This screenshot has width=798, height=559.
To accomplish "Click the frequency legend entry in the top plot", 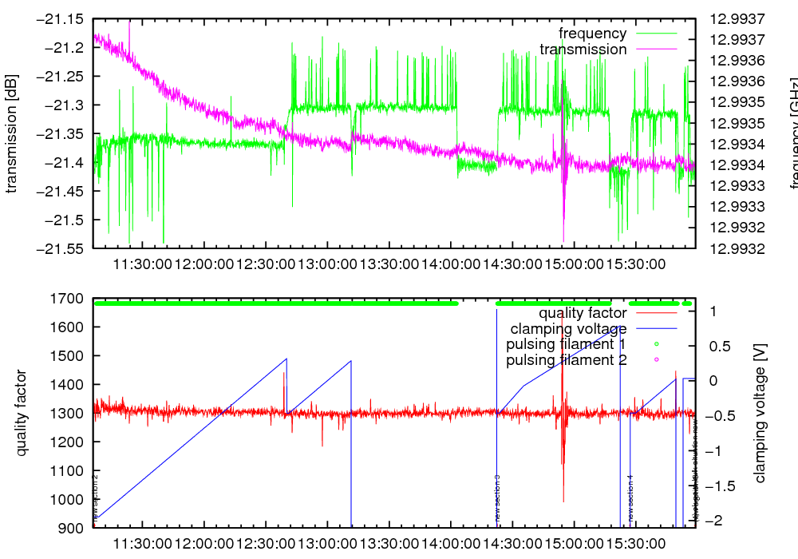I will tap(593, 34).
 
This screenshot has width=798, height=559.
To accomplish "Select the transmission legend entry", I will tap(583, 50).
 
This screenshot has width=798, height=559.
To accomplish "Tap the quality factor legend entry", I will tap(583, 313).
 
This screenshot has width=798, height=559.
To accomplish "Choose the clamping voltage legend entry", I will tap(568, 329).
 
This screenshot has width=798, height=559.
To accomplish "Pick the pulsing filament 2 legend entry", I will tap(567, 360).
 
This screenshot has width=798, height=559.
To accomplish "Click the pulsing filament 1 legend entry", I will tap(567, 344).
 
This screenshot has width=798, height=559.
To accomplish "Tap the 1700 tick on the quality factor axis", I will tap(69, 299).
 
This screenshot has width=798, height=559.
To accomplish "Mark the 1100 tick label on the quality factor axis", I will tap(69, 471).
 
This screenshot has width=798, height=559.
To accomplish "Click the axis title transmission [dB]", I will tap(12, 133).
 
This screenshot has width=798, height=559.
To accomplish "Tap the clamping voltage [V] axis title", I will tap(760, 413).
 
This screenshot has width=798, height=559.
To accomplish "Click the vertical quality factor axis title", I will tap(22, 413).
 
